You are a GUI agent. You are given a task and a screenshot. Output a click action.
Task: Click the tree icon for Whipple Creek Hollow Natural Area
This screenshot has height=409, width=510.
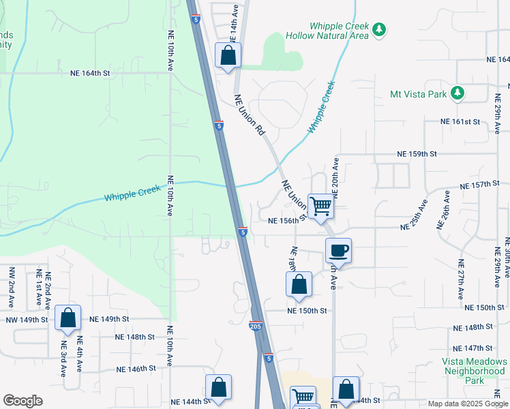[x=380, y=30]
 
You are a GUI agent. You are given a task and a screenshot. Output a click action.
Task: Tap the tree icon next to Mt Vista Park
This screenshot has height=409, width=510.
[x=460, y=93]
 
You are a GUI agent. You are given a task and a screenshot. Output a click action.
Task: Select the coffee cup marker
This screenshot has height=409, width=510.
[x=338, y=251]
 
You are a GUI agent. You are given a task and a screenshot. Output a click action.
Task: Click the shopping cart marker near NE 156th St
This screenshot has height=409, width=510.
[x=320, y=205]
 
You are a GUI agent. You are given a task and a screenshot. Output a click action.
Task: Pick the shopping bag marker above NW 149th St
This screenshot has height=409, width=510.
[x=67, y=318]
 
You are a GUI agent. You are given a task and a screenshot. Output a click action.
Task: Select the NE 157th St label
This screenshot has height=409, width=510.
[x=480, y=185]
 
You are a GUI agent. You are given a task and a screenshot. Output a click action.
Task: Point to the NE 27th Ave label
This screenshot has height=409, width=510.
[x=462, y=279]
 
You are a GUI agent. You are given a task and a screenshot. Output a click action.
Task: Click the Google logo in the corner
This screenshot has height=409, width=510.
[x=22, y=401]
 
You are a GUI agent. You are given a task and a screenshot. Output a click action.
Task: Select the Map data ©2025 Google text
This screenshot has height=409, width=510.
[x=468, y=404]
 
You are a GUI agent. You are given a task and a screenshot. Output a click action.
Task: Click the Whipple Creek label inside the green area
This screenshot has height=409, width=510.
[x=133, y=193]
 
